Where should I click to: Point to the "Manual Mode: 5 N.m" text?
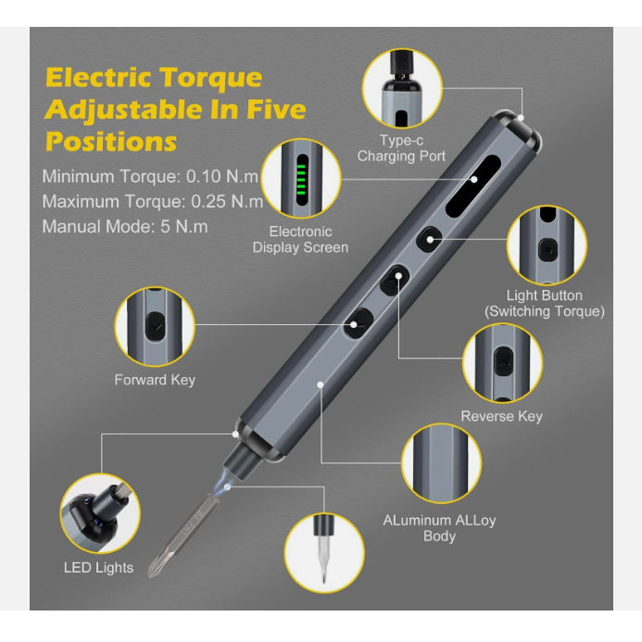[125, 226]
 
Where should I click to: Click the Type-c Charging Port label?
[401, 148]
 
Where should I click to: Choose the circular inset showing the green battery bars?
[301, 179]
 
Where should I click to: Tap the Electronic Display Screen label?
[300, 240]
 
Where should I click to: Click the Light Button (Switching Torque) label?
[545, 303]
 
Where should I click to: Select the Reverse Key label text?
[501, 416]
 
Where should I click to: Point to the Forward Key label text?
[155, 380]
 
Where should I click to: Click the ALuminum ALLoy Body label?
[439, 528]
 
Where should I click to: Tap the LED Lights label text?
[99, 568]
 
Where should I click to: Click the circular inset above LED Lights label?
[100, 513]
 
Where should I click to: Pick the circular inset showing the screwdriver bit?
[324, 553]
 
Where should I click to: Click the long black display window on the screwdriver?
[472, 186]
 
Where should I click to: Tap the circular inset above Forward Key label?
[155, 326]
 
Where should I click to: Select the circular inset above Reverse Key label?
[502, 363]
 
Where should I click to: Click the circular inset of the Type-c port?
[402, 88]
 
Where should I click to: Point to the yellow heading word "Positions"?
[111, 142]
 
